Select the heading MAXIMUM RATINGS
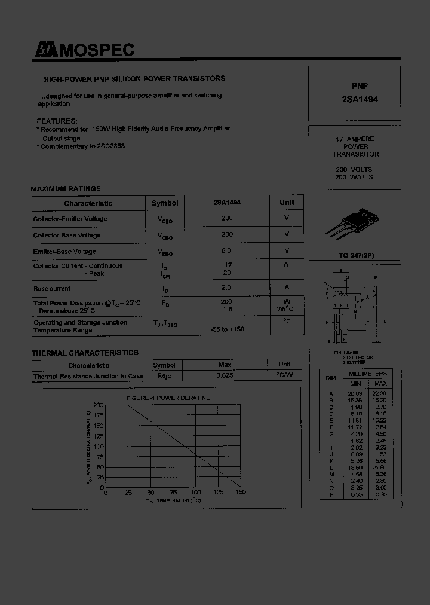[66, 189]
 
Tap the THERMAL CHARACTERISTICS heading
[85, 353]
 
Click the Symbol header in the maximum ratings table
[165, 203]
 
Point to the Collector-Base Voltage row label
[67, 235]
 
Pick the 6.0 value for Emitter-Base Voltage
[227, 251]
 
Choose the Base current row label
[52, 289]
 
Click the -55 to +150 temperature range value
[228, 329]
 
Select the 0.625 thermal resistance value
[225, 376]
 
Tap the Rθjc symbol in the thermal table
[164, 376]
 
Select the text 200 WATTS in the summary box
[354, 177]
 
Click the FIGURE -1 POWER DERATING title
[168, 398]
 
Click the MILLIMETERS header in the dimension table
[368, 374]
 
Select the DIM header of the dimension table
[331, 378]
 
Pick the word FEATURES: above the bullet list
[57, 121]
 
